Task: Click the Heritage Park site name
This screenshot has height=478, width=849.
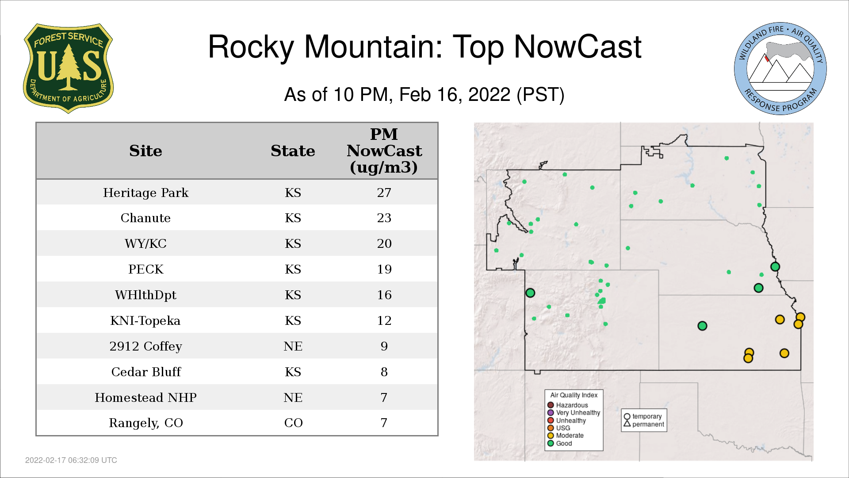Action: point(145,193)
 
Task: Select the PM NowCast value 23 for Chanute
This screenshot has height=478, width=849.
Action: point(384,218)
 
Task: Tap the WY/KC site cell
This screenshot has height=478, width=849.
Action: point(145,243)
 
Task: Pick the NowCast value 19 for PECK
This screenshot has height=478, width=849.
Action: point(384,269)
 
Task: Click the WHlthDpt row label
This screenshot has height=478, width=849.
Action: point(145,295)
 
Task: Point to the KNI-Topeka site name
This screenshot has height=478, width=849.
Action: point(145,320)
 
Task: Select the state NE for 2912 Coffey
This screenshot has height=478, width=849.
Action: point(293,346)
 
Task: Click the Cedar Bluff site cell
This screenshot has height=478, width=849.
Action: point(146,372)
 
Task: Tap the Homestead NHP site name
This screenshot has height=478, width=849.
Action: point(145,397)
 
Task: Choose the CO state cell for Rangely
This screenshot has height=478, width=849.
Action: point(293,423)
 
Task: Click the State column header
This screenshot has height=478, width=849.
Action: point(293,151)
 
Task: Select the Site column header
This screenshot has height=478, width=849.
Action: point(145,151)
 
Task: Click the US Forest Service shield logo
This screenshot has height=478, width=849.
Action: point(68,68)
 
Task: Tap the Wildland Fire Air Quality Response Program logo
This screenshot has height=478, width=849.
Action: point(780,69)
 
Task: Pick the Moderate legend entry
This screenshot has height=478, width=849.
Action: point(566,436)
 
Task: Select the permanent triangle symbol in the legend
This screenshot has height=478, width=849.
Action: point(627,424)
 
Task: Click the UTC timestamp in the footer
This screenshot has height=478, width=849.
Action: point(71,460)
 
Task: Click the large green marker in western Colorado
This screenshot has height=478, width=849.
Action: point(530,293)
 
